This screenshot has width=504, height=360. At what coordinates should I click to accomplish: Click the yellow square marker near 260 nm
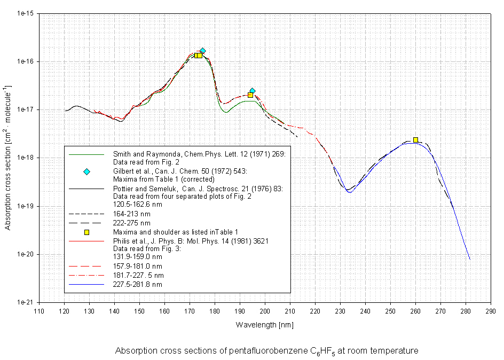click(415, 140)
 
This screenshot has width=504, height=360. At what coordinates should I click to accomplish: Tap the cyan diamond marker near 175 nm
click(202, 51)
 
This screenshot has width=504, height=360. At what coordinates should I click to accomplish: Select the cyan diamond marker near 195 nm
click(252, 91)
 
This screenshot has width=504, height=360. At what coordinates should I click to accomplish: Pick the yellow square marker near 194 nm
click(250, 95)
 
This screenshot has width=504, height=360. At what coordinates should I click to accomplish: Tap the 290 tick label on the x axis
click(490, 311)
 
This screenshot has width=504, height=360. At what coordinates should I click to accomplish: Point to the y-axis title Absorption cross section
click(9, 158)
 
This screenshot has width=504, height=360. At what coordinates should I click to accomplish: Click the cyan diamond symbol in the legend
click(86, 171)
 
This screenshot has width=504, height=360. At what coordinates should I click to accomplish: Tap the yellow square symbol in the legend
click(86, 232)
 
